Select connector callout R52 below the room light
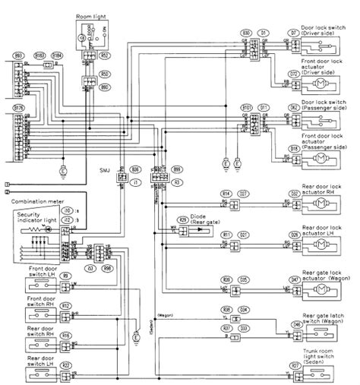click(x=106, y=55)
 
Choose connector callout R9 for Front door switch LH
click(x=66, y=275)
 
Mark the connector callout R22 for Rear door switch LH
click(x=66, y=365)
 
